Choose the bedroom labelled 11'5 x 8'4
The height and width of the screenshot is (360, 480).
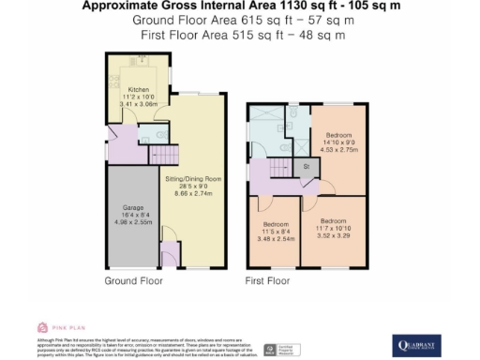(x=276, y=225)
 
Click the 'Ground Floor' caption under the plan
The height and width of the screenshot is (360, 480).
(x=129, y=280)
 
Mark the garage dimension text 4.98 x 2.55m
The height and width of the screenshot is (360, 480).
(x=130, y=223)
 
